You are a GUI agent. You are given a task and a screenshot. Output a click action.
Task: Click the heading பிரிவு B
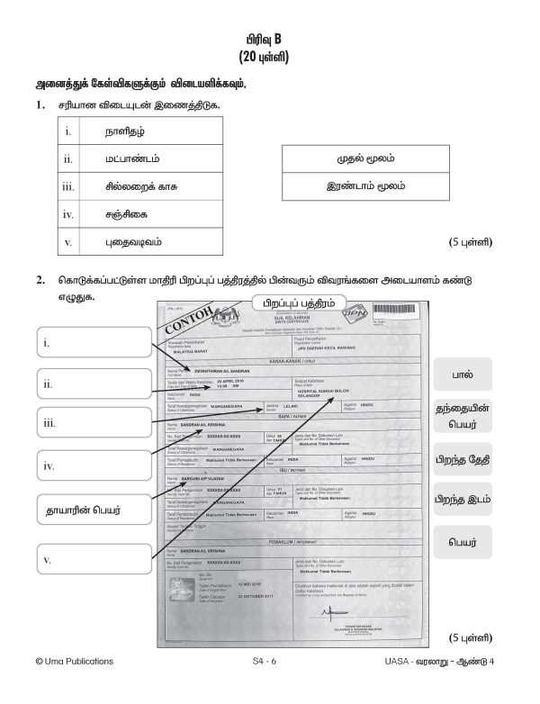(269, 40)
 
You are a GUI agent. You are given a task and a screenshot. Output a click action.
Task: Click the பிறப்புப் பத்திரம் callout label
(291, 302)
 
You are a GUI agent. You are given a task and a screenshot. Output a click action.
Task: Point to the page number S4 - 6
(269, 686)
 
